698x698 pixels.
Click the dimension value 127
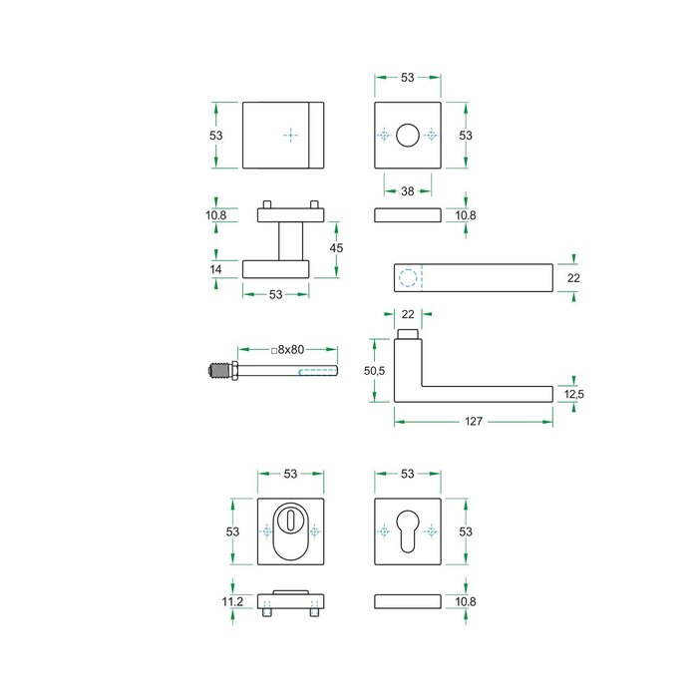(x=474, y=423)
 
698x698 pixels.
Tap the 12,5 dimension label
(x=573, y=395)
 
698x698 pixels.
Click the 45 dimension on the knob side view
(x=336, y=248)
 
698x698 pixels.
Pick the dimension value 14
(x=216, y=269)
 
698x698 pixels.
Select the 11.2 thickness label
(x=232, y=601)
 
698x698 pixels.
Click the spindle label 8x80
(x=286, y=350)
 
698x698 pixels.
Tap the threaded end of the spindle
(x=218, y=372)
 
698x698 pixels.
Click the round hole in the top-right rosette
(x=407, y=135)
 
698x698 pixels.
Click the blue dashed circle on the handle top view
(x=406, y=276)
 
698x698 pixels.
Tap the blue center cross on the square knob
(x=290, y=135)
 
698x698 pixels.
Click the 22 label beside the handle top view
(x=573, y=278)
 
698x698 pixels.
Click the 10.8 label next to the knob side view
(x=216, y=215)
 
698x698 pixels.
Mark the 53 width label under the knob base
(x=276, y=294)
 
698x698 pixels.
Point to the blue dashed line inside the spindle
(x=317, y=372)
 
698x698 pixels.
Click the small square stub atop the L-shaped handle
(x=407, y=333)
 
